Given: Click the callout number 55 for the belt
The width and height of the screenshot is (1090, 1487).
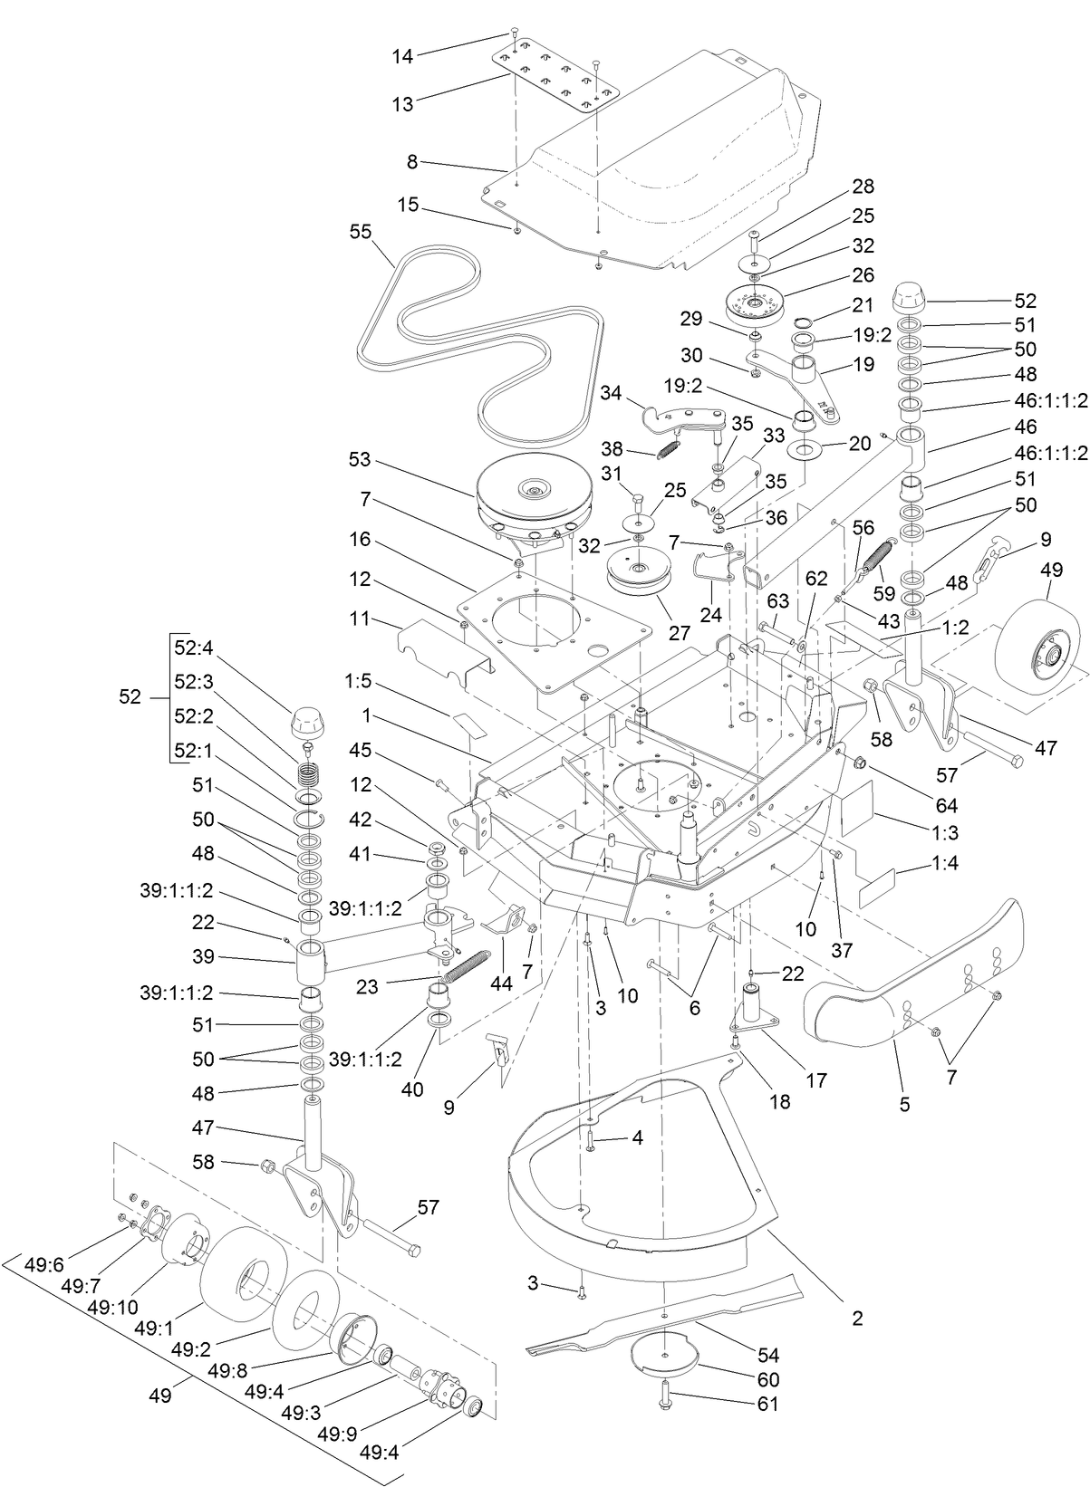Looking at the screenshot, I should coord(360,233).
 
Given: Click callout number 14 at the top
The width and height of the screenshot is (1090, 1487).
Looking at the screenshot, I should coord(402,56).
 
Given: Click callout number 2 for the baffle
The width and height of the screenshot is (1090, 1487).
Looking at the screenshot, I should coord(857,1318).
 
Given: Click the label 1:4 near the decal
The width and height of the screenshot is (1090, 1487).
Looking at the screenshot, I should coord(943,864).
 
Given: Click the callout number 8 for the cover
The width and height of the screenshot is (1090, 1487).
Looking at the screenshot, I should coord(412,162).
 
